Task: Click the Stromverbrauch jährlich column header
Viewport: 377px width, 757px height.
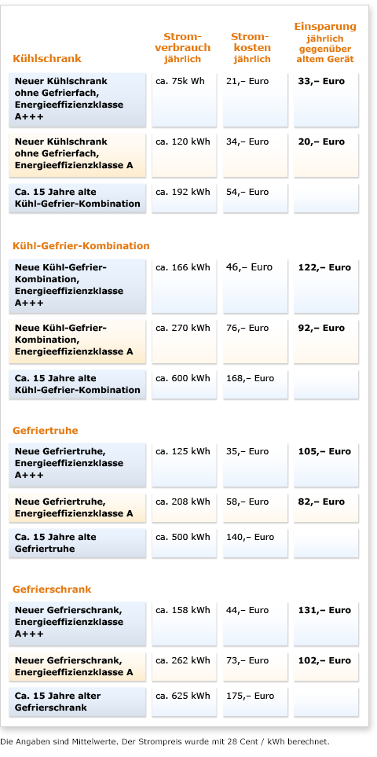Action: (x=182, y=48)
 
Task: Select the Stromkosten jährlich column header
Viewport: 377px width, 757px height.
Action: (x=250, y=48)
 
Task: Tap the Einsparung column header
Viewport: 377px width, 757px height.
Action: (x=324, y=42)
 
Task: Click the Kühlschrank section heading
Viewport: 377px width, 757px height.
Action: (x=47, y=58)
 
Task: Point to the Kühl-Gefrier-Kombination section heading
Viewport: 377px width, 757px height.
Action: (x=81, y=246)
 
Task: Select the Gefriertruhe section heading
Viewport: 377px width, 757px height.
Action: (x=46, y=431)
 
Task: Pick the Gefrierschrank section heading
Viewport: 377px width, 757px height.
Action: (x=52, y=590)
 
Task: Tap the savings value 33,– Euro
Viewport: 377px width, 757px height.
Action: (x=321, y=82)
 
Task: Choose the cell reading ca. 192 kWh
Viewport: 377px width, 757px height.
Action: (x=183, y=192)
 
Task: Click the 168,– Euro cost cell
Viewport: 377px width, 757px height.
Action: (x=250, y=378)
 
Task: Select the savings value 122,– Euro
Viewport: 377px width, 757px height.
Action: (x=324, y=267)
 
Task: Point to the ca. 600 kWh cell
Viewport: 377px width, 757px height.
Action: (x=183, y=378)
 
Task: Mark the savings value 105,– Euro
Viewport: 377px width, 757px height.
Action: (x=324, y=452)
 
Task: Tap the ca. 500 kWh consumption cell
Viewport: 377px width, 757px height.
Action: (x=183, y=537)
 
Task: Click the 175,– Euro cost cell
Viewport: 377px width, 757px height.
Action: (x=250, y=696)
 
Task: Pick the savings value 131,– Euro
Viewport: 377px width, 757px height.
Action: (x=324, y=610)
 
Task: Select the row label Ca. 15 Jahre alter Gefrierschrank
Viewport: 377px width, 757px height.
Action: (x=58, y=701)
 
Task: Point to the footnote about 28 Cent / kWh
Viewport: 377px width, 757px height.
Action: (x=165, y=741)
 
